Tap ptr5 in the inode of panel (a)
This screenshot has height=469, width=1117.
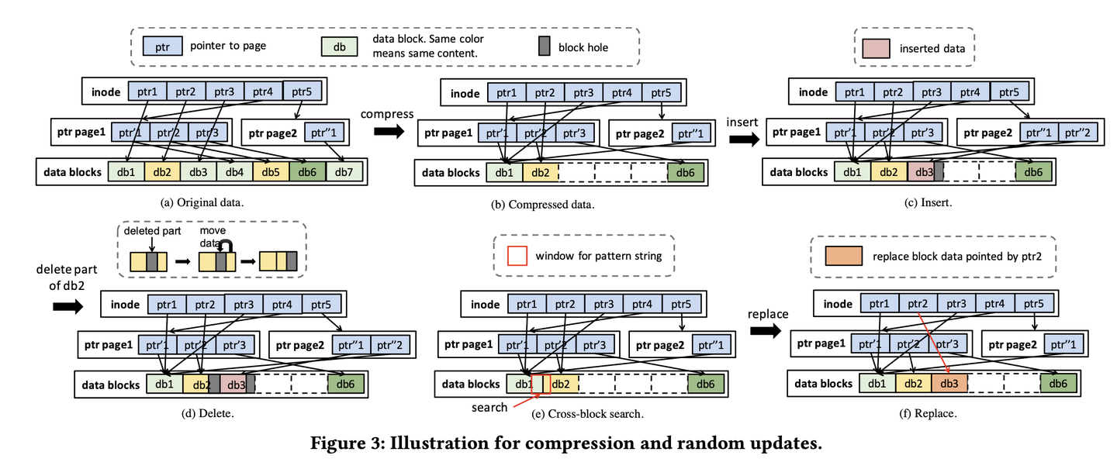302,92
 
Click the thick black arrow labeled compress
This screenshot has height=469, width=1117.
389,132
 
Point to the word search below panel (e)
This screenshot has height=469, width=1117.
491,407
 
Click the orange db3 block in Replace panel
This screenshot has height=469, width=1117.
949,382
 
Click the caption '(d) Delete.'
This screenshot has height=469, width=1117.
209,412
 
